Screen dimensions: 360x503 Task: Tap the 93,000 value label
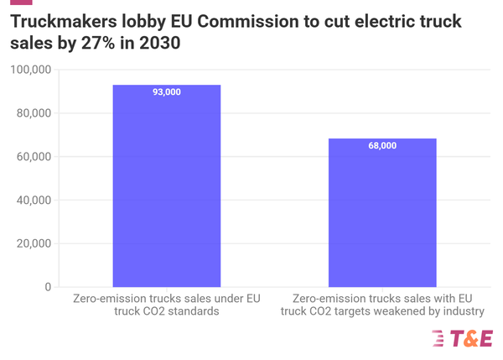(166, 91)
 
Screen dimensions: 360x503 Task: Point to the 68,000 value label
(381, 146)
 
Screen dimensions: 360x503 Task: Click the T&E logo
(461, 338)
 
